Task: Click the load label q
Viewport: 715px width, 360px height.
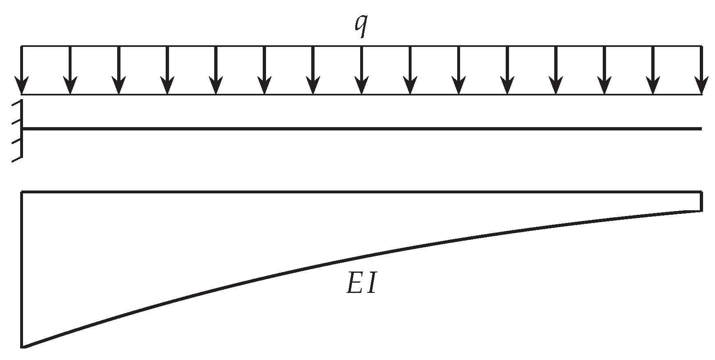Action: click(x=361, y=26)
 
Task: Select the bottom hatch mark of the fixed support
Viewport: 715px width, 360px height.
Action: click(x=16, y=160)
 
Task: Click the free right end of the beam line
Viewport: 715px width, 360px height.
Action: click(x=701, y=129)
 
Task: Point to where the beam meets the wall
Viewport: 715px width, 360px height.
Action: click(x=22, y=129)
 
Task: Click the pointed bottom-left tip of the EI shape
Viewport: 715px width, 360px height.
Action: click(x=23, y=347)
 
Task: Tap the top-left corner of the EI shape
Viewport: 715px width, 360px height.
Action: click(x=22, y=192)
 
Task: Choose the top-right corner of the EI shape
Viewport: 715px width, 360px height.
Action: click(x=701, y=192)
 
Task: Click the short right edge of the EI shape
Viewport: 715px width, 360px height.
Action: click(x=701, y=201)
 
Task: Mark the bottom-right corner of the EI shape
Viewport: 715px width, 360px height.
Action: click(x=701, y=211)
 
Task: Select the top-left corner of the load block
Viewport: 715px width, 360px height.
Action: click(x=22, y=46)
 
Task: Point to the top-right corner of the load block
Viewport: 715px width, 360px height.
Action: click(x=701, y=46)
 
